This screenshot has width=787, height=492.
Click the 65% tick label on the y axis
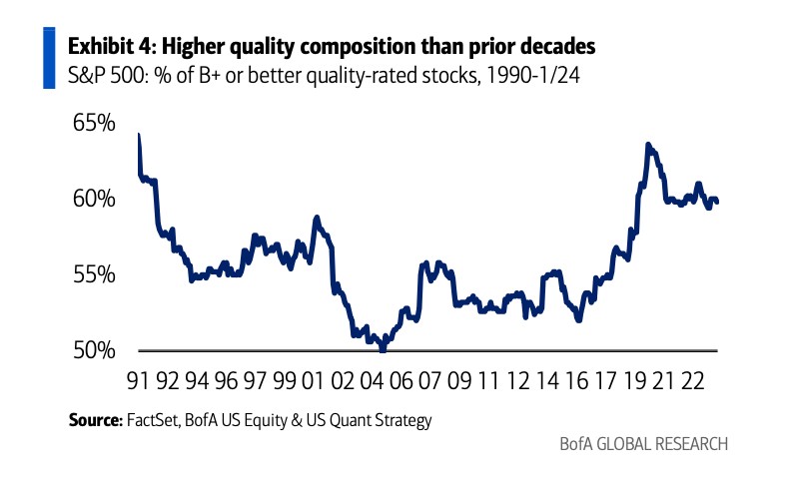tap(94, 125)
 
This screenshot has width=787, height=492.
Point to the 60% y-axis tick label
tap(94, 200)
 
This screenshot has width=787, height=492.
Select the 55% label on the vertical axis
tap(94, 274)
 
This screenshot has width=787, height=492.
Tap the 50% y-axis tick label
tap(94, 350)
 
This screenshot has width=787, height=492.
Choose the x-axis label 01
tap(313, 380)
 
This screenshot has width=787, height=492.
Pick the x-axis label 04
tap(373, 380)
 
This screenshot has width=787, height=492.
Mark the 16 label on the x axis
tap(577, 380)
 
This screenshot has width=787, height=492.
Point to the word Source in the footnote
tap(94, 420)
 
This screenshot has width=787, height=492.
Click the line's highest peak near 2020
tap(649, 145)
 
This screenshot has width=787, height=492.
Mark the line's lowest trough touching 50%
tap(382, 348)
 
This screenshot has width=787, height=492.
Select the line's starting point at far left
tap(138, 135)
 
